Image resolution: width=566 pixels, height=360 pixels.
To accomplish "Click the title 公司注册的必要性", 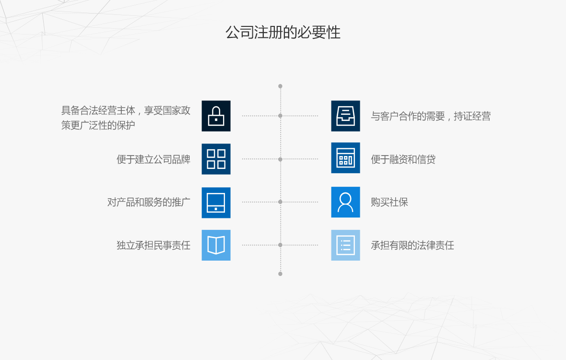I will click(x=283, y=33).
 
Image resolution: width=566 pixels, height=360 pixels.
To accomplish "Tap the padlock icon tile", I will click(x=216, y=116).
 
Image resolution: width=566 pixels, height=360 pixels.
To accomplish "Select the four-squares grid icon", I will click(x=216, y=159).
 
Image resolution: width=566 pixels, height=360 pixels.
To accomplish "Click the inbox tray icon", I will click(x=345, y=116).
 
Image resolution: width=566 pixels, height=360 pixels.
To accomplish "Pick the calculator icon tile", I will click(x=345, y=158).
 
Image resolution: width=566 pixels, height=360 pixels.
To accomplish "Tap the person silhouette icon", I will click(x=345, y=202).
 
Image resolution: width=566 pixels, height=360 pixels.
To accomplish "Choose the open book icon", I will click(x=216, y=245).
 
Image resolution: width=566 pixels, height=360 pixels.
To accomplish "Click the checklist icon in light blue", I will click(x=345, y=245).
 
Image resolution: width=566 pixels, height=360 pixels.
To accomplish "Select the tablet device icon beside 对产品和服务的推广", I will click(x=216, y=203).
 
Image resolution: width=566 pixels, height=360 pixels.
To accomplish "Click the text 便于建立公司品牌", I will click(x=153, y=159).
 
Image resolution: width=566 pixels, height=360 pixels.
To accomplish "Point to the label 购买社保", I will click(x=389, y=202).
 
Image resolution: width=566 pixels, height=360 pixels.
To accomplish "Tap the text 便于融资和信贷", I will click(x=403, y=159).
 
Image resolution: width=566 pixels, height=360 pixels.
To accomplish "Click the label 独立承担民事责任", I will click(x=153, y=245).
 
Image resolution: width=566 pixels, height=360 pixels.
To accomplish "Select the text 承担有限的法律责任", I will click(x=412, y=245).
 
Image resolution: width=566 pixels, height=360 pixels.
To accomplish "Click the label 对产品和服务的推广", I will click(x=149, y=202).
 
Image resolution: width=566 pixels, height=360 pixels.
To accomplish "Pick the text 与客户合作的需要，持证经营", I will click(x=430, y=116).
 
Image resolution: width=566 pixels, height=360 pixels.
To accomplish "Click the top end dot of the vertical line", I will click(x=280, y=86).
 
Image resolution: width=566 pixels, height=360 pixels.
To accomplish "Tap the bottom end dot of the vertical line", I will click(x=280, y=274).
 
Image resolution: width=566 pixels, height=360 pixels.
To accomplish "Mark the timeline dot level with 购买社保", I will click(x=280, y=202).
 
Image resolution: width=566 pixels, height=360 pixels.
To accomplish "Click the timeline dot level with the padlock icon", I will click(x=280, y=116).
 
